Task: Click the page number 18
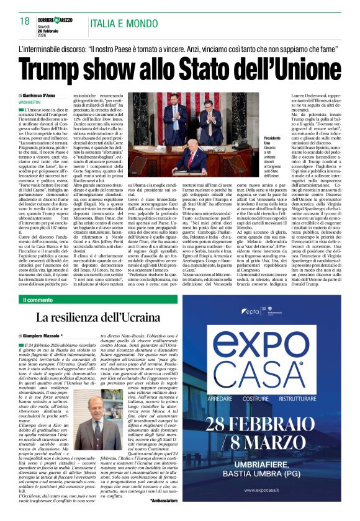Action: click(25, 21)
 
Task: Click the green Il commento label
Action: click(38, 300)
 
